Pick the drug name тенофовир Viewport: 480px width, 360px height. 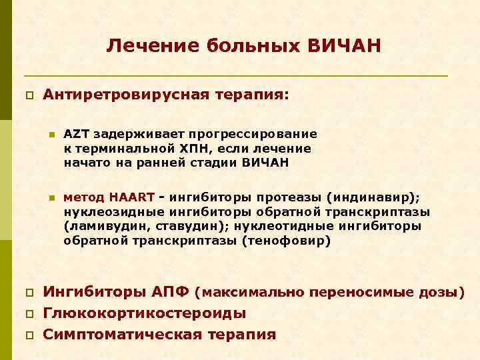[293, 241]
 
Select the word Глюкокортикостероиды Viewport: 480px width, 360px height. [144, 313]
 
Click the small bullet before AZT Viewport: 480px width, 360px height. [50, 135]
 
